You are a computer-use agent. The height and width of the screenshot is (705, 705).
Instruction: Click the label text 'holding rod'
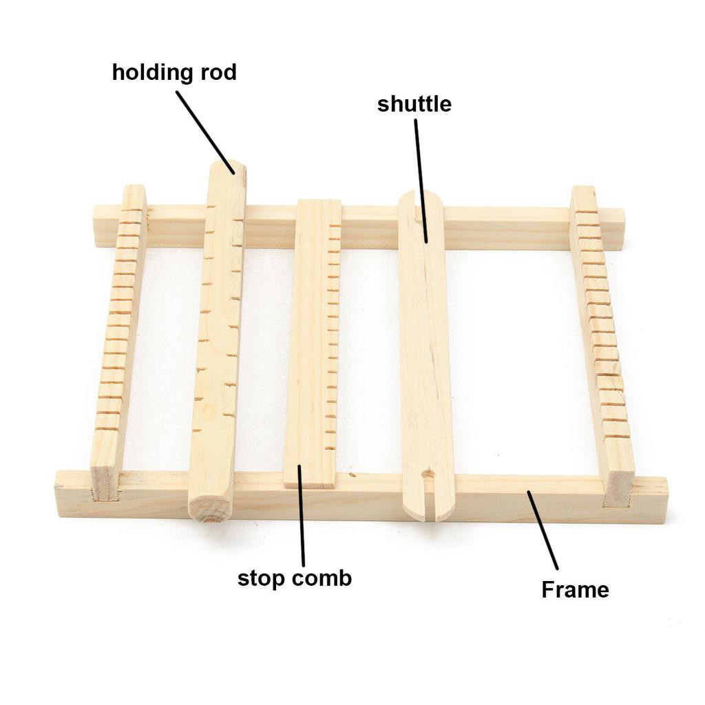coord(174,72)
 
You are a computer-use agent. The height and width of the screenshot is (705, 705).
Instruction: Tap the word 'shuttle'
coord(414,104)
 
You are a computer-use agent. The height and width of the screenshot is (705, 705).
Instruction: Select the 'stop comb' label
coord(295,578)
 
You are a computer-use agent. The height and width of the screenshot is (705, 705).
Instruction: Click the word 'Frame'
coord(575,589)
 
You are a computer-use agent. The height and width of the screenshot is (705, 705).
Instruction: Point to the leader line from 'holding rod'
coord(205,133)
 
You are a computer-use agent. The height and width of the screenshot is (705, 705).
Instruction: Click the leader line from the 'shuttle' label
coord(421,181)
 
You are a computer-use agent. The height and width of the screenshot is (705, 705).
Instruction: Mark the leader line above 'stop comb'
coord(302,515)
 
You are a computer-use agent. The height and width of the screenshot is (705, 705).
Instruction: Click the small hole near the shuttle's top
coord(417,220)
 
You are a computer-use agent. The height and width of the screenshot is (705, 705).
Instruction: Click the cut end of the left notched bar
coord(105,483)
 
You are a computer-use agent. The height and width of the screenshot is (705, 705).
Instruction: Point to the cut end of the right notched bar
coord(620,488)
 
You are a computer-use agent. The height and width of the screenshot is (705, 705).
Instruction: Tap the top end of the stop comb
coord(319,202)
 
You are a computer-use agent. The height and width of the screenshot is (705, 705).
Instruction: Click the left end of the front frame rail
coord(59,494)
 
